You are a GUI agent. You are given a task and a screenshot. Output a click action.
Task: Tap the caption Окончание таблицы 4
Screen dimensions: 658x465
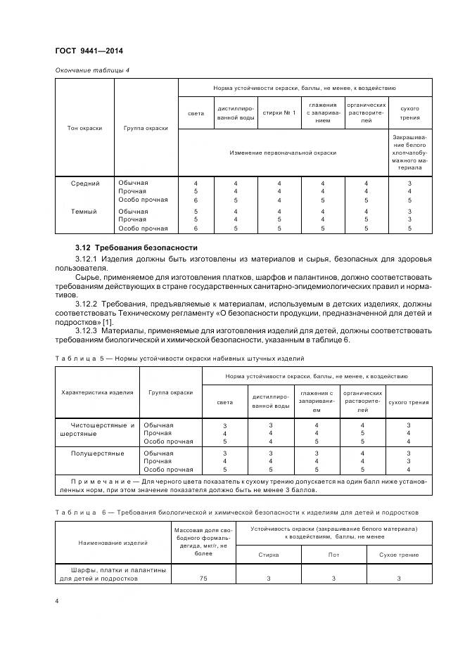[91, 69]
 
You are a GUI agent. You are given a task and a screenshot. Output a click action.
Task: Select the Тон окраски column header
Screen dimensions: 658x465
[85, 128]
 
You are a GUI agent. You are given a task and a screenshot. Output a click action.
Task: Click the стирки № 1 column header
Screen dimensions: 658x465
[279, 112]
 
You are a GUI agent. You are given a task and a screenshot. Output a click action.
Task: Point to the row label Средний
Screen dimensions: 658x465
[85, 183]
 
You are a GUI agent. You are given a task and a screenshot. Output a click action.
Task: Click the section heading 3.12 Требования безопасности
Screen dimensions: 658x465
[136, 248]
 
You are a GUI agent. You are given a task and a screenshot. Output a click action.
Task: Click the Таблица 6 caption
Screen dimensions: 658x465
[236, 512]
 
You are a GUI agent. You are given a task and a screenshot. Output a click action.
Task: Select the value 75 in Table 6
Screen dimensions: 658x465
[203, 579]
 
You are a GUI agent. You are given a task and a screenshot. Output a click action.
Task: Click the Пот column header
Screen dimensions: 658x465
[333, 555]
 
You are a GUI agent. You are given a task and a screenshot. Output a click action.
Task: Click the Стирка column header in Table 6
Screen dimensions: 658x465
[269, 555]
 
